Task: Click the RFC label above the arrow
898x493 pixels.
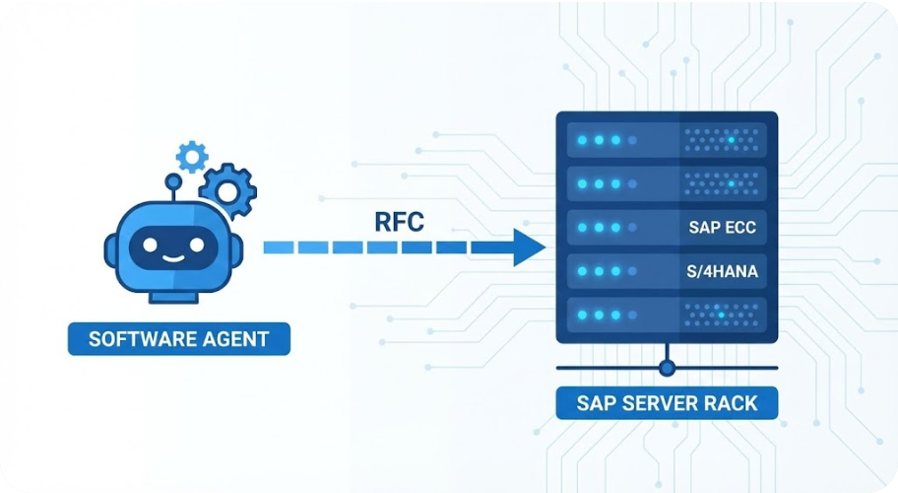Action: click(x=400, y=221)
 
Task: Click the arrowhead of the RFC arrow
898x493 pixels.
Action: click(x=530, y=246)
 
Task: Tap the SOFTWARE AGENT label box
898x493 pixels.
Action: click(x=178, y=339)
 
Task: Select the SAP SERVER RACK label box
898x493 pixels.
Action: click(x=667, y=402)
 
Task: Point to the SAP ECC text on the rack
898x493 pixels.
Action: click(x=724, y=227)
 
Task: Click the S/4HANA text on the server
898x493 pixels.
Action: click(x=723, y=271)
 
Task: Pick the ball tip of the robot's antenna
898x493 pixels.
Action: click(x=173, y=181)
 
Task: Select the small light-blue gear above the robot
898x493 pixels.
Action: click(x=191, y=156)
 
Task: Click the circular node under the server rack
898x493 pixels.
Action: click(x=667, y=368)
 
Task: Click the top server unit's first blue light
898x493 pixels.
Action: click(x=582, y=140)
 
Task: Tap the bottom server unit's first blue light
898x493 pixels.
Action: click(x=582, y=315)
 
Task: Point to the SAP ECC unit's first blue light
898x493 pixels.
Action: click(x=582, y=227)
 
